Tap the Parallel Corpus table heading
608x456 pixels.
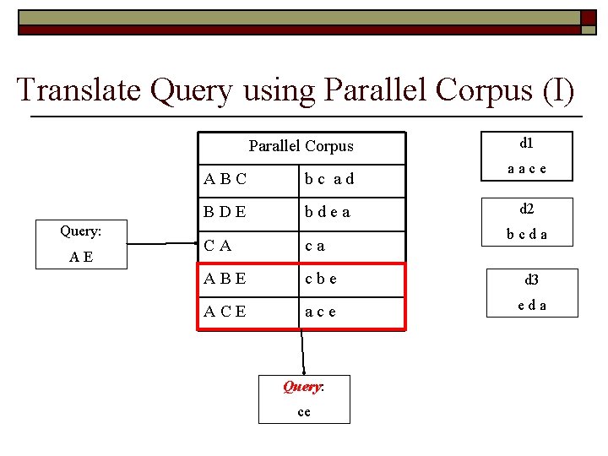point(301,146)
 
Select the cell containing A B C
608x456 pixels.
point(225,178)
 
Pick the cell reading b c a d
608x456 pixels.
point(329,178)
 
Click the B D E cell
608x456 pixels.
point(225,212)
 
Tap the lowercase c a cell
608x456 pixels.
point(315,246)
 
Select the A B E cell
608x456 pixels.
point(225,280)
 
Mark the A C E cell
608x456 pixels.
point(225,312)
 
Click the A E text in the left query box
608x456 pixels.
point(81,256)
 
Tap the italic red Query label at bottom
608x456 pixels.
point(303,387)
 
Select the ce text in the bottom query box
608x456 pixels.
point(304,411)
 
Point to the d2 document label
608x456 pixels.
point(526,208)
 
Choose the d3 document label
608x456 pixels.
point(532,280)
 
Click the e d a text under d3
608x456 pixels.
point(531,305)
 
